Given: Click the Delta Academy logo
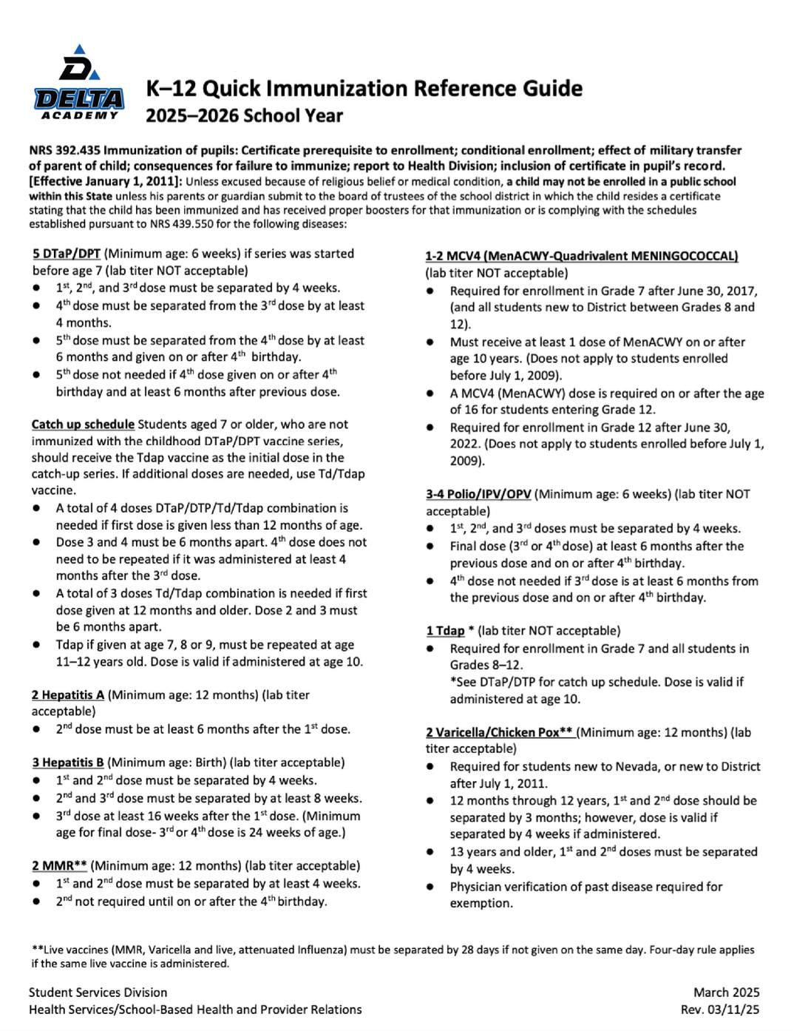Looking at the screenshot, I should coord(78,83).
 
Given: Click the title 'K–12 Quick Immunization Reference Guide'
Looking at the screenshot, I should coord(364,89).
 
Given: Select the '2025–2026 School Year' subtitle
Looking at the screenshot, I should coord(244,116).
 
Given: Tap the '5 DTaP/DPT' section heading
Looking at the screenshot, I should coord(67,254).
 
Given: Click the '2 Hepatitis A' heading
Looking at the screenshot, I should coord(68,695).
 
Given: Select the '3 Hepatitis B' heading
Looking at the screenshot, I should coord(68,763).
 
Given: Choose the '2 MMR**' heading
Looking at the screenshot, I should coord(59,865).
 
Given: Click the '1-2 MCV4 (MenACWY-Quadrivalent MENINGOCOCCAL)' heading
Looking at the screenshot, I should coord(581,256).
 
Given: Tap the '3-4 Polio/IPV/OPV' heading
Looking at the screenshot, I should coord(478,494).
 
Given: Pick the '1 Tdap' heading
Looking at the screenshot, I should coord(445,631).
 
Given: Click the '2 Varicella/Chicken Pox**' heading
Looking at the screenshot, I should coord(499,732).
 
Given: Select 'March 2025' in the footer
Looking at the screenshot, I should coord(726,993).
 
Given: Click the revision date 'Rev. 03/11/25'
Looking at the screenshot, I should coord(720,1010).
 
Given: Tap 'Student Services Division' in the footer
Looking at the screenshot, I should coord(98,993).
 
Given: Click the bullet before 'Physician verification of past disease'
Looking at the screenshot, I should coord(430,887).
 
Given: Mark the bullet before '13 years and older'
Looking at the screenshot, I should coord(430,852).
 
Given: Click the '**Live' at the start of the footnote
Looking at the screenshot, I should coord(48,950).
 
